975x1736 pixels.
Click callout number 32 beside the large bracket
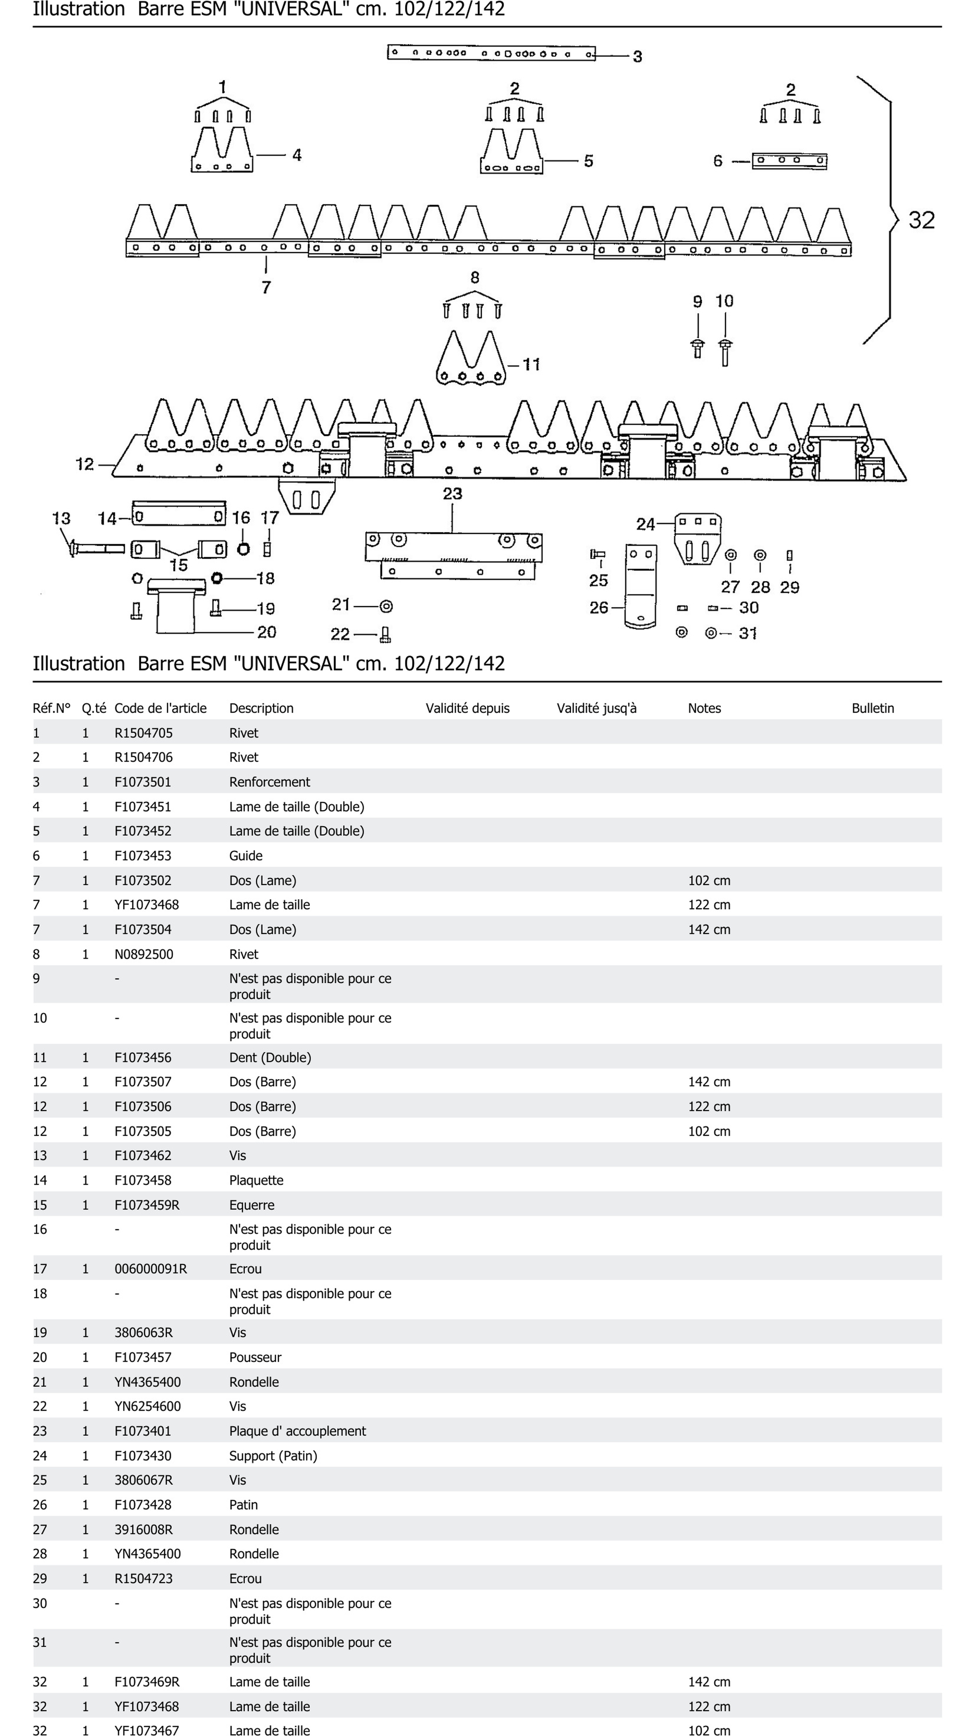(921, 220)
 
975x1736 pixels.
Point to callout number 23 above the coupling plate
(452, 494)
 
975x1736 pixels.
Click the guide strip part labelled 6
(789, 161)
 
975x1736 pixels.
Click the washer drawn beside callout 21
(386, 607)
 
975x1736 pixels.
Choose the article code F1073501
(143, 782)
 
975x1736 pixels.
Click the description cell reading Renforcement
(270, 782)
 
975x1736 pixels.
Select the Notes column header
(704, 708)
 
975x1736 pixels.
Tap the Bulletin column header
(873, 708)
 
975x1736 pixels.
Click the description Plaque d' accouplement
(297, 1432)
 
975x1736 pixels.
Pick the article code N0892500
(144, 954)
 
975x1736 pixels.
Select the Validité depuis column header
(468, 708)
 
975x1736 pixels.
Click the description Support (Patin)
(273, 1456)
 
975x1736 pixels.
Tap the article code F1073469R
(147, 1682)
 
